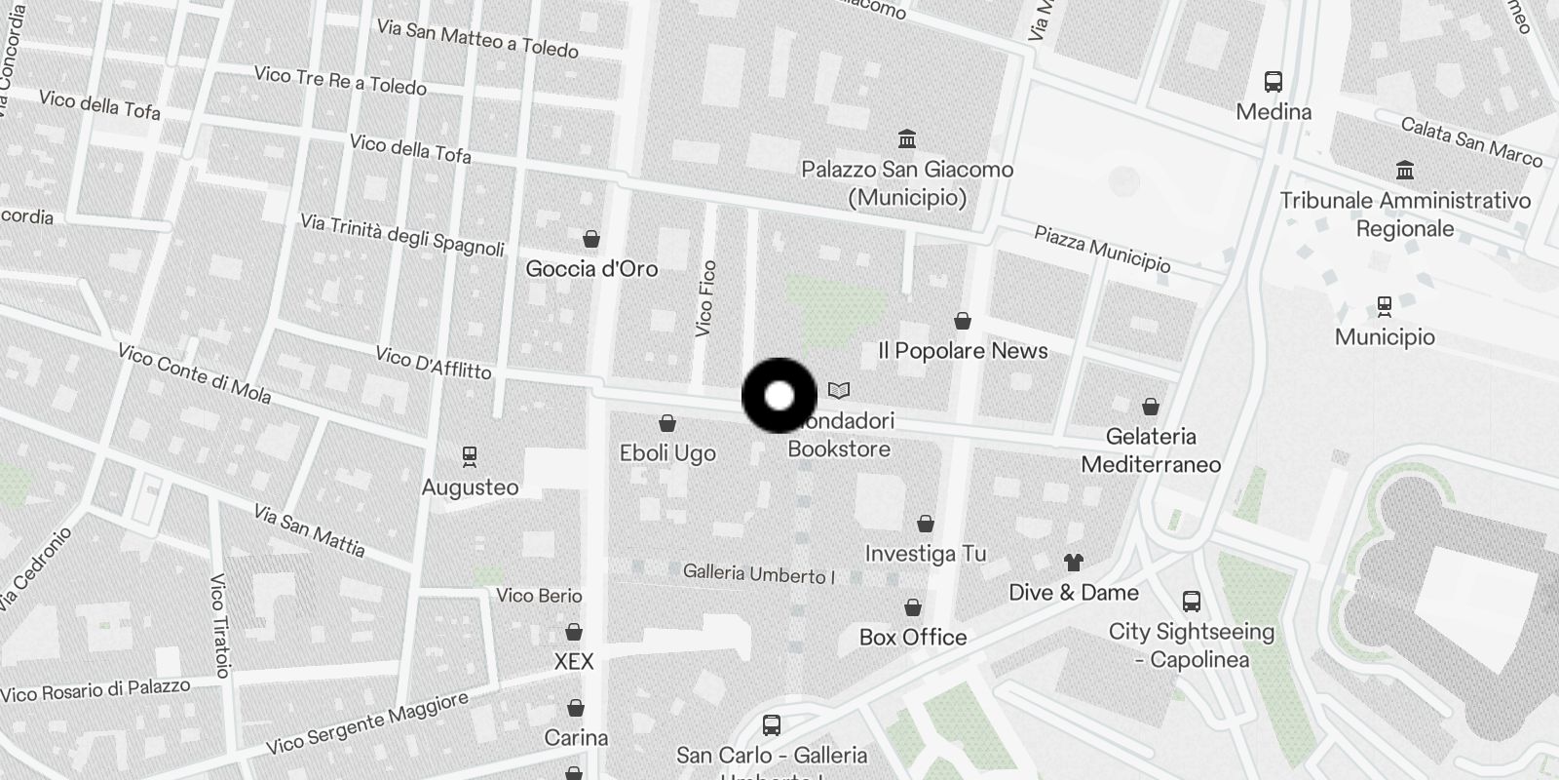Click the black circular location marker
[779, 396]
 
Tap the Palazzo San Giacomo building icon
[907, 138]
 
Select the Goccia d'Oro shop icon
[590, 239]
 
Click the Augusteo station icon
[470, 455]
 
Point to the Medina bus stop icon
[1273, 81]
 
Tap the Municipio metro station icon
[1384, 306]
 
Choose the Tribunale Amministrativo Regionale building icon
[1405, 171]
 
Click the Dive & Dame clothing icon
[1073, 562]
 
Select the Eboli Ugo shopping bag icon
[667, 423]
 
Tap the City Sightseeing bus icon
[1191, 601]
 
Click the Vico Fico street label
[706, 299]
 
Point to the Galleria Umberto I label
[759, 573]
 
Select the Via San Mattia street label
[309, 530]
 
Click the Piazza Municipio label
[1102, 249]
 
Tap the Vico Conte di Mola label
[194, 372]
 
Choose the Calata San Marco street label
[1471, 141]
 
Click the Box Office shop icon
[913, 607]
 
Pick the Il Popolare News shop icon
[963, 321]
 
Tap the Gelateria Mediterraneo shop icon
[1151, 407]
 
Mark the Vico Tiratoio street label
[219, 625]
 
